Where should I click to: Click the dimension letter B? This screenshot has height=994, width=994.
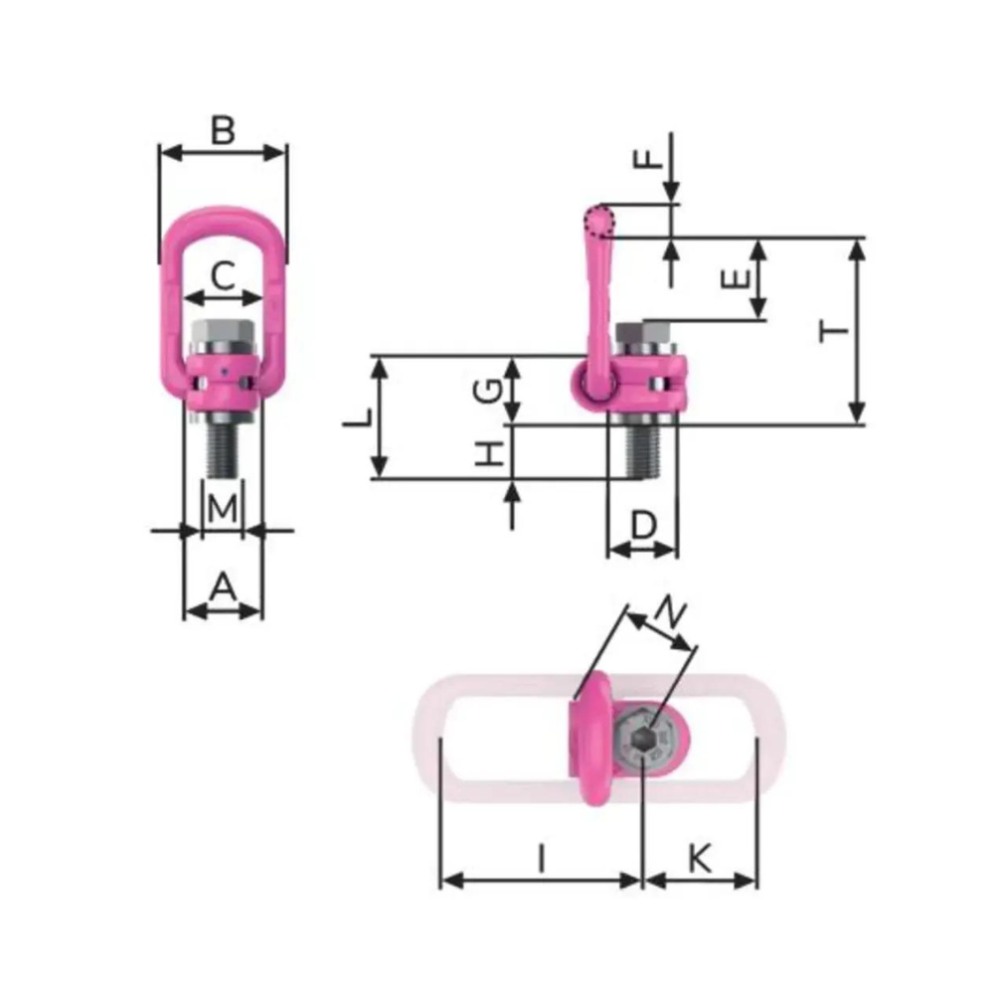[224, 130]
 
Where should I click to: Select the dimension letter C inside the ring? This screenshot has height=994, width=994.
[225, 275]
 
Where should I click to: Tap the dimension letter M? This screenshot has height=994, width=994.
[224, 508]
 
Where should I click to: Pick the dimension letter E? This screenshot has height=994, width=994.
[737, 279]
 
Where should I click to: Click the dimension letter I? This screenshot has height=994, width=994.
[541, 858]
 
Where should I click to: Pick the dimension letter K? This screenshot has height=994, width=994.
[700, 858]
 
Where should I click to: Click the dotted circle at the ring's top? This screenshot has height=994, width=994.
[599, 221]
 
